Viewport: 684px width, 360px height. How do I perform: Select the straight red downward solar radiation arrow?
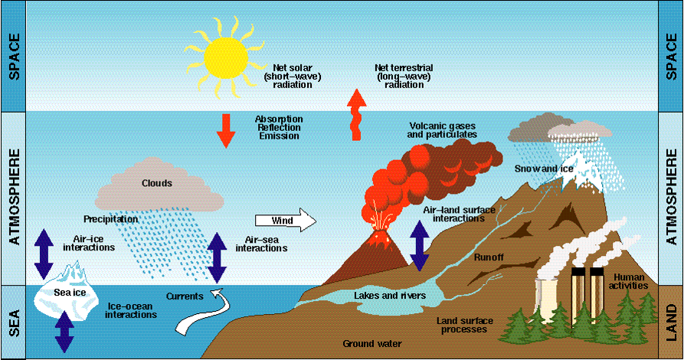click(x=225, y=129)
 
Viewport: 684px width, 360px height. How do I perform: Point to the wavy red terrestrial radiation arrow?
click(x=357, y=115)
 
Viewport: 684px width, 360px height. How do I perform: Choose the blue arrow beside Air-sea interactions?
click(x=218, y=248)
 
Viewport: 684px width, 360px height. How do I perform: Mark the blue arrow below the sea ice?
click(x=64, y=331)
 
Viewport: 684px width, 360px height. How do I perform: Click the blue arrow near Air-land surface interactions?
click(x=419, y=245)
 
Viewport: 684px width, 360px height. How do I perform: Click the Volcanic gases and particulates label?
click(x=443, y=129)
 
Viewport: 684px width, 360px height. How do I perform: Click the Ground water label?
click(x=371, y=343)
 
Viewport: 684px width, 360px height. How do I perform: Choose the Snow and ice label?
click(x=535, y=168)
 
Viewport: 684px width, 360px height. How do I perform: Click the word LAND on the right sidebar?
click(x=671, y=322)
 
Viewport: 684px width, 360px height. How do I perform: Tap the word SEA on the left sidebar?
click(x=12, y=322)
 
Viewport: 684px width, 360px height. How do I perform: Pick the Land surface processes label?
click(x=463, y=324)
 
